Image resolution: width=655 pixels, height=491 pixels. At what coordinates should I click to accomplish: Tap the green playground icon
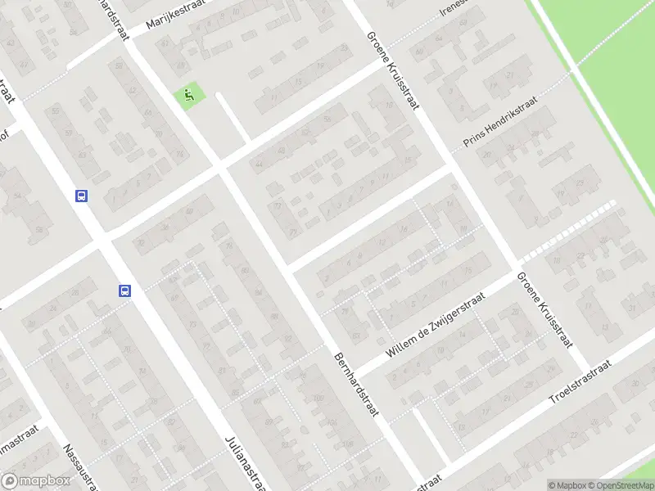click(x=190, y=96)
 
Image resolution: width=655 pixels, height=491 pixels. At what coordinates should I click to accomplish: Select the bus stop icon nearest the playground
click(x=82, y=196)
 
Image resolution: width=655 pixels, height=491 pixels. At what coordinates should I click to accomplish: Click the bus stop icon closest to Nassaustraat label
click(x=125, y=290)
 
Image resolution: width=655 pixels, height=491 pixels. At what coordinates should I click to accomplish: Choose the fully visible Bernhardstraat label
click(x=357, y=385)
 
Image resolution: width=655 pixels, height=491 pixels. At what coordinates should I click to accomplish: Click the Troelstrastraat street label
click(x=580, y=384)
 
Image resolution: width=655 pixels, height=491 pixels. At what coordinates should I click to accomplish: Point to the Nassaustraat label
click(x=82, y=468)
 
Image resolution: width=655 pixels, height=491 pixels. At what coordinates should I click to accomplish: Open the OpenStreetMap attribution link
click(x=622, y=484)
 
